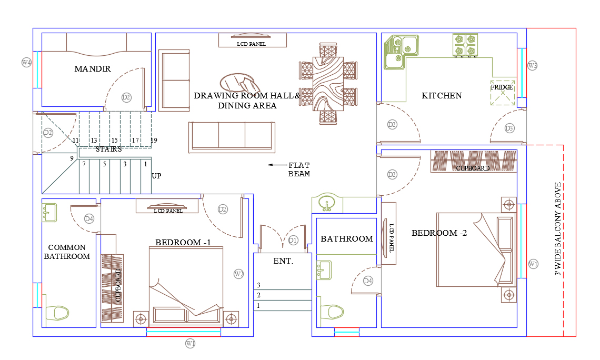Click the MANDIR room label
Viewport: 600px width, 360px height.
click(x=93, y=69)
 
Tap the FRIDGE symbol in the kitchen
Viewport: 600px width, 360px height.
click(x=503, y=93)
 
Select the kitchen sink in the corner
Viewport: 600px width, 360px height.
click(x=401, y=52)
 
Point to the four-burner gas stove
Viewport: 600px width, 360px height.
click(x=465, y=45)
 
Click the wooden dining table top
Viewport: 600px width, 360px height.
click(x=328, y=84)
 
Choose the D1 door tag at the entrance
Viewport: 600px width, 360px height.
click(x=293, y=240)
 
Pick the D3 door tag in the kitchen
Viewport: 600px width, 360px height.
click(x=509, y=128)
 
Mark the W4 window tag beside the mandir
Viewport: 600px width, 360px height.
click(x=26, y=62)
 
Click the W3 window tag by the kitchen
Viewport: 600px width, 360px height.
click(x=532, y=65)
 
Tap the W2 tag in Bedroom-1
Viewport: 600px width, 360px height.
click(x=239, y=274)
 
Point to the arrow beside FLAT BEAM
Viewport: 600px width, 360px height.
click(x=277, y=165)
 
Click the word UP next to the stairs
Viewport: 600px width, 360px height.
click(x=156, y=176)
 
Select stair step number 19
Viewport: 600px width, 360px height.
click(x=154, y=141)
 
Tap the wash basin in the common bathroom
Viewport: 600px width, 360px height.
click(x=49, y=213)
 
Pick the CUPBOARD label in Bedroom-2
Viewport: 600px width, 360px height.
click(x=473, y=168)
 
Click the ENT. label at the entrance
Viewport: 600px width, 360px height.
click(x=284, y=261)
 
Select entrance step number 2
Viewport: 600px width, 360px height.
click(x=258, y=295)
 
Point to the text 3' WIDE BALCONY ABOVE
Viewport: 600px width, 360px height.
click(x=558, y=229)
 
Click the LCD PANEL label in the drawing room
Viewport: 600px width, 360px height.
click(x=252, y=44)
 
